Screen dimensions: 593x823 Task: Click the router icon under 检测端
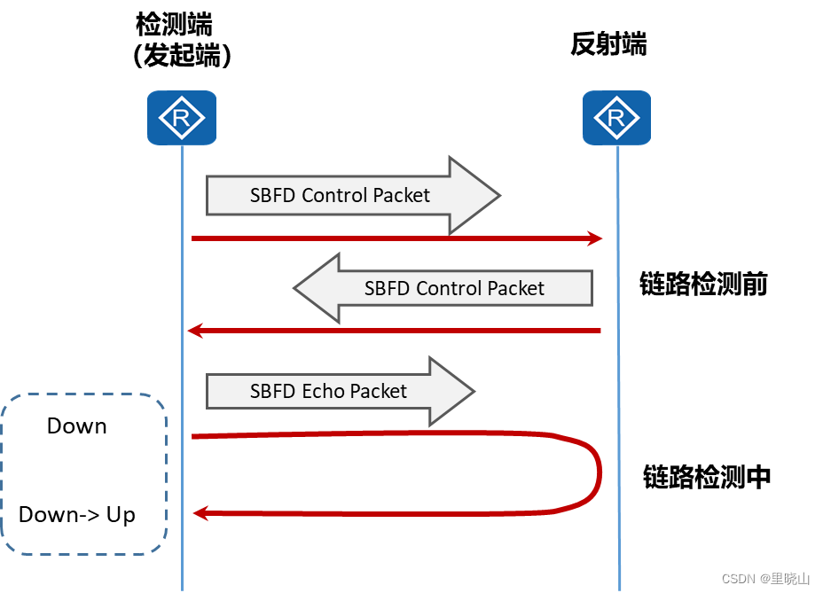182,117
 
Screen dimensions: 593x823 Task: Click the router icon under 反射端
617,117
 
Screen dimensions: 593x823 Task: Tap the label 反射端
608,45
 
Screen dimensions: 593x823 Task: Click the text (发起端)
182,57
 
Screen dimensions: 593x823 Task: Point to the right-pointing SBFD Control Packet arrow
353,196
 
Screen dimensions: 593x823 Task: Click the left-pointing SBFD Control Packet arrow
443,288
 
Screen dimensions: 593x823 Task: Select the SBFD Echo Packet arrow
341,391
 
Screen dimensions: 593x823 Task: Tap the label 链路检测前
703,285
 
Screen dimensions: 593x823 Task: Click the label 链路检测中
707,478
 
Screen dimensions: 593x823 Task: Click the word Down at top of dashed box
77,426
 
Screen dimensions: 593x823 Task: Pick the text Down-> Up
77,515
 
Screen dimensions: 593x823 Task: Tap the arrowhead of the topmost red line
595,238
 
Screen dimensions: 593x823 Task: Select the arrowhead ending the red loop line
200,512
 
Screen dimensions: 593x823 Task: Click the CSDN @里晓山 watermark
765,579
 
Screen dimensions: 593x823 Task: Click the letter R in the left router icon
182,118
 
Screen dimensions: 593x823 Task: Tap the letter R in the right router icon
617,118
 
